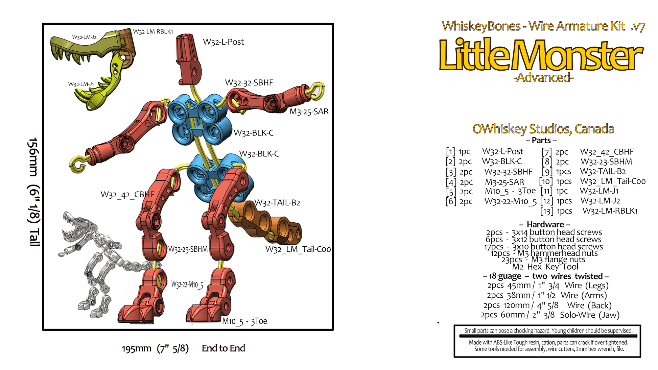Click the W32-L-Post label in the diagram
tap(223, 42)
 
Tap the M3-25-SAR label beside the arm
tap(309, 112)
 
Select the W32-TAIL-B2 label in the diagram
tap(277, 203)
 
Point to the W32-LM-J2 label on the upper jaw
tap(84, 37)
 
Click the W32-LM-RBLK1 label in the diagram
tap(153, 31)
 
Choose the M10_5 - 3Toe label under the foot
tap(244, 321)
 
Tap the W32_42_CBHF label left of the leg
tap(127, 195)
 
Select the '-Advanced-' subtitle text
tap(543, 78)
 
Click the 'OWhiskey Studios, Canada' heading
tap(543, 129)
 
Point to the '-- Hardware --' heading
tap(544, 224)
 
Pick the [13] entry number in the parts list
tap(547, 211)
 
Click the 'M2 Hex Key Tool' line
tap(545, 267)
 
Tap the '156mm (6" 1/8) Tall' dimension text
tap(34, 192)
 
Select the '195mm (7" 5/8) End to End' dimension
tap(183, 348)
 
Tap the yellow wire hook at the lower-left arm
tap(77, 165)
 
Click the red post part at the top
tap(188, 59)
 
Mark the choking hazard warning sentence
tap(548, 330)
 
